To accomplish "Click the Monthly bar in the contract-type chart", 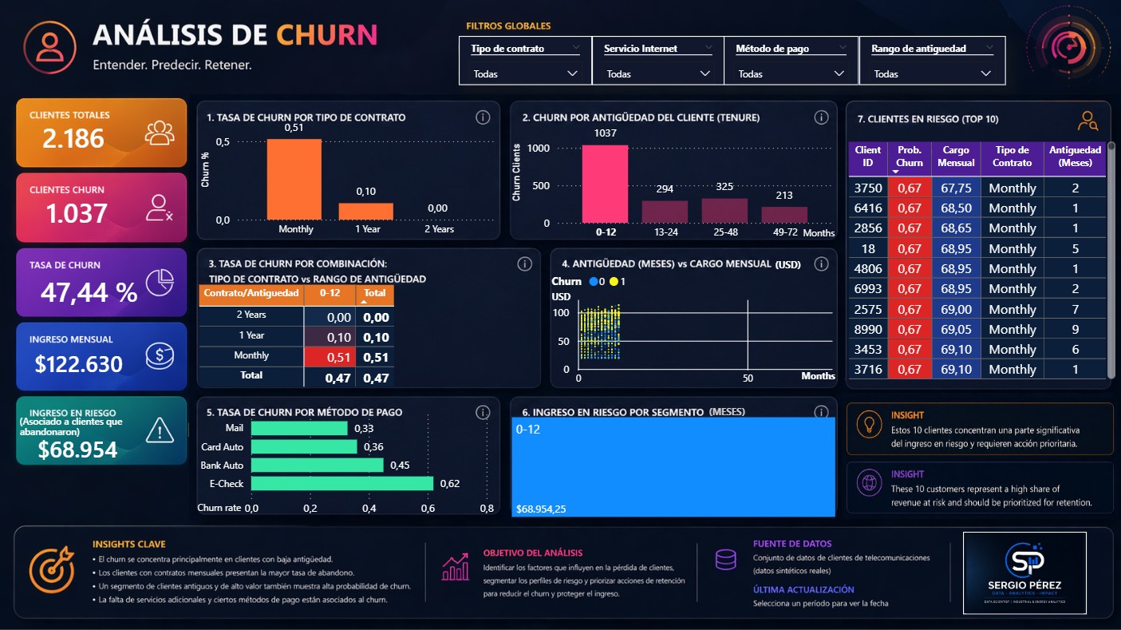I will tap(294, 180).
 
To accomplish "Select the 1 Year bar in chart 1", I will tap(365, 212).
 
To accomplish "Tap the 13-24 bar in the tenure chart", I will tap(665, 212).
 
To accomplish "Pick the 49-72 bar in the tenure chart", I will tap(784, 215).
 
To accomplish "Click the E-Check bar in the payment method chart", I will tap(341, 483).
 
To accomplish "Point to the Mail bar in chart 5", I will tap(298, 428).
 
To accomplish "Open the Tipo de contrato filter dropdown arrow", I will tap(572, 73).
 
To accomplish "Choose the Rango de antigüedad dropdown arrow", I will tap(986, 73).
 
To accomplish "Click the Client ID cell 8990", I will tap(867, 329).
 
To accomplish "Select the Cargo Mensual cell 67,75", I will tap(956, 188).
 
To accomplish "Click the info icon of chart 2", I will tap(821, 117).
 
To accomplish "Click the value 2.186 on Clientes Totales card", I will tap(73, 139).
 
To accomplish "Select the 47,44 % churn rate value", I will tap(89, 293).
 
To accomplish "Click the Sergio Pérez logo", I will tap(1024, 572).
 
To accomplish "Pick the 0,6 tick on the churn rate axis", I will tap(428, 508).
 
